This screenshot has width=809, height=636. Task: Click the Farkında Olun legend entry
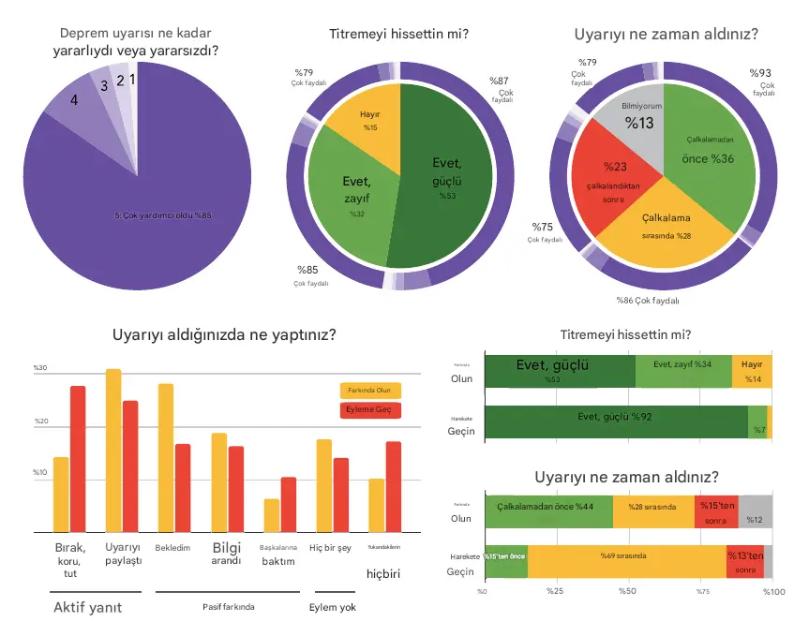[x=369, y=391]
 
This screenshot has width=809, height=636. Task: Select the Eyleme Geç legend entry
[x=369, y=410]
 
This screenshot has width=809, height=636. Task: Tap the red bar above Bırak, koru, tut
[x=78, y=459]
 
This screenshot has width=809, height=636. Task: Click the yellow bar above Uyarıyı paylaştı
[x=113, y=451]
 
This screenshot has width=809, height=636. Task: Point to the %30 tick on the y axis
[x=40, y=369]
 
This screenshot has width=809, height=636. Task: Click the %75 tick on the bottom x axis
[x=701, y=591]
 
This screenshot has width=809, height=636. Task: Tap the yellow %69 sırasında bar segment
[x=626, y=559]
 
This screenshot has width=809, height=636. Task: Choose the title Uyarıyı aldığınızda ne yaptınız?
[x=225, y=334]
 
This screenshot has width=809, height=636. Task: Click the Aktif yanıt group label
[x=88, y=607]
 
